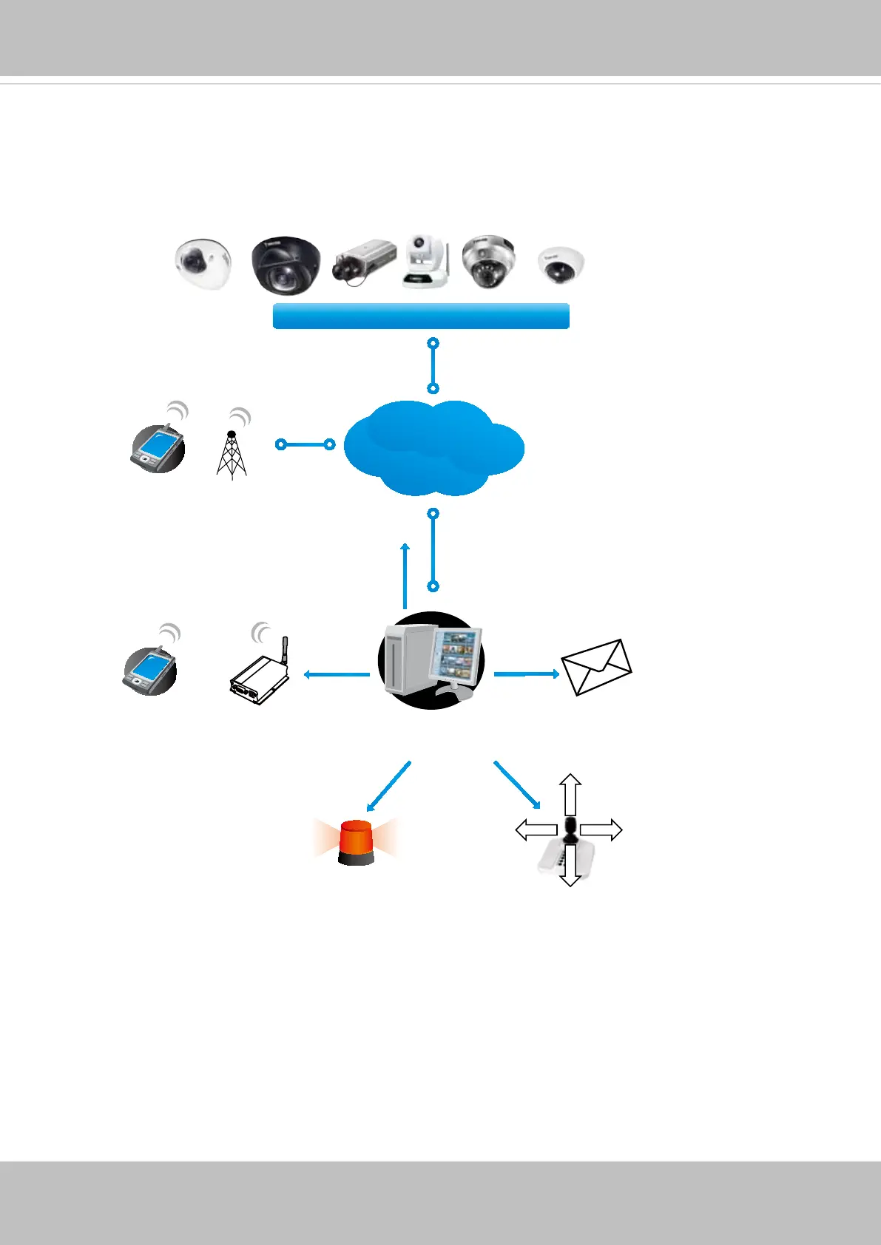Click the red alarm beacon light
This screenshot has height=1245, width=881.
tap(356, 842)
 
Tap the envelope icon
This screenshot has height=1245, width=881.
tap(596, 667)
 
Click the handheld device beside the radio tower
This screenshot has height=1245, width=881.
tap(158, 449)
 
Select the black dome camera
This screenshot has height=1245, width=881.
tap(286, 265)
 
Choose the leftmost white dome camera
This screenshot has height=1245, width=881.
tap(203, 263)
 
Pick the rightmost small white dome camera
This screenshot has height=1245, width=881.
tap(561, 266)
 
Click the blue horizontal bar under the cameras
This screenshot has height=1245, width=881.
tap(421, 316)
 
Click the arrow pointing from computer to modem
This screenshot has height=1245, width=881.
tap(337, 674)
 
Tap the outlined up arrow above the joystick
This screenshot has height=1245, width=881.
tap(570, 794)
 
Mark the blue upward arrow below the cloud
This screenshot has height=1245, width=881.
tap(405, 576)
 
